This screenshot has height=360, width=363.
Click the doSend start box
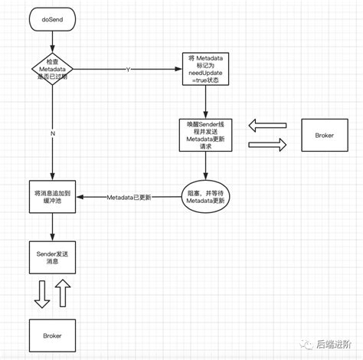pos(52,19)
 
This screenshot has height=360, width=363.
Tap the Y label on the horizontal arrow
pos(128,70)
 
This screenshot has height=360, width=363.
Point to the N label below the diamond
pos(52,134)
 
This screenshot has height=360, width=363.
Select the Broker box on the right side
pos(324,135)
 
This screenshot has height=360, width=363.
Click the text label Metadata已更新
pos(129,198)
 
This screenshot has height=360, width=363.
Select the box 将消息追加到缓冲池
pos(52,198)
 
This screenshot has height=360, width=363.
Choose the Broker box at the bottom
pos(52,336)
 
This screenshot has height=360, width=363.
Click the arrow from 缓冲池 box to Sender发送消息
pos(52,226)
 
